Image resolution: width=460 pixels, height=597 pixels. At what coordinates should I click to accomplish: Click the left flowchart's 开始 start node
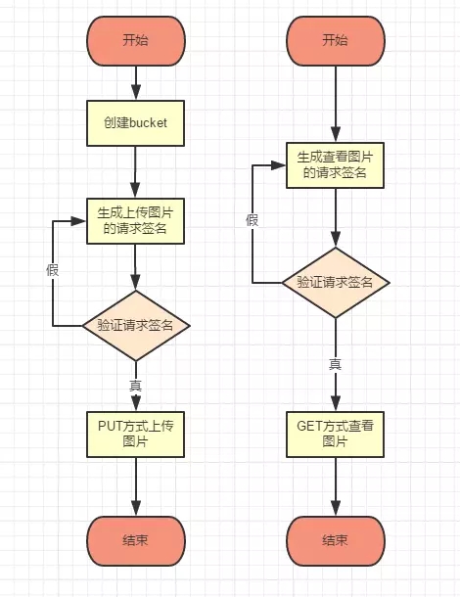tap(136, 41)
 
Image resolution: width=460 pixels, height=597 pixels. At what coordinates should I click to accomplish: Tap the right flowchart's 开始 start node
tap(336, 41)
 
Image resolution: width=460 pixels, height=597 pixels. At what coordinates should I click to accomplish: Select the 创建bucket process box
tap(136, 123)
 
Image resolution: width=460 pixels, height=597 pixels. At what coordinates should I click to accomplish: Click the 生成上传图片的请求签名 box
tap(136, 221)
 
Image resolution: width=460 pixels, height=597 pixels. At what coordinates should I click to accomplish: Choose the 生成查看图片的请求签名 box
tap(335, 165)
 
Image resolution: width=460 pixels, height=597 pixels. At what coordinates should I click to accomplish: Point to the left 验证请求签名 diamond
tap(136, 326)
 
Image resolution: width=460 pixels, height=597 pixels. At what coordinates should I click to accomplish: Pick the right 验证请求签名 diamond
tap(336, 283)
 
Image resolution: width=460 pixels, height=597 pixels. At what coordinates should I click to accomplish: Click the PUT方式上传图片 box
tap(136, 435)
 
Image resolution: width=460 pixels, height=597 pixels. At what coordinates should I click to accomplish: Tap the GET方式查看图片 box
tap(335, 435)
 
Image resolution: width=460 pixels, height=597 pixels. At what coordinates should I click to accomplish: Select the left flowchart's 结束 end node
tap(136, 540)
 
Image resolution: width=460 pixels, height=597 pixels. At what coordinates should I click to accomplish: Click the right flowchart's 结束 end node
tap(336, 540)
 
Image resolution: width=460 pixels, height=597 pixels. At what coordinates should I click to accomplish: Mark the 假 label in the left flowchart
tap(53, 270)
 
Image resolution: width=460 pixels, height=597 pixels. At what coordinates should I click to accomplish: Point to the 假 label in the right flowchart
tap(253, 220)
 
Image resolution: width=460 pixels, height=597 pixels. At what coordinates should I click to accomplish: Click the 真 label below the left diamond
tap(136, 386)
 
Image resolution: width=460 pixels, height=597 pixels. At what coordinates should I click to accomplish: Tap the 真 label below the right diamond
tap(335, 364)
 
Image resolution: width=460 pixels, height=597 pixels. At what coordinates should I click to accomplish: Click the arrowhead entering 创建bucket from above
tap(136, 93)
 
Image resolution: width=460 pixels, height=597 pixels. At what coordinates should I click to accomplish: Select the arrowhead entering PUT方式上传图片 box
tap(136, 403)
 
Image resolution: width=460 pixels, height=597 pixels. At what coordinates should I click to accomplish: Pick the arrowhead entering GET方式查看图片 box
tap(336, 403)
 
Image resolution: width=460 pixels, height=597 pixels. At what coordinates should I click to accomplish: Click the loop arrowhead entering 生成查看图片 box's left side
tap(278, 165)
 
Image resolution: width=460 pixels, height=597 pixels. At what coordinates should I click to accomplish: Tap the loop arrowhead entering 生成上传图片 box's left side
tap(79, 221)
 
